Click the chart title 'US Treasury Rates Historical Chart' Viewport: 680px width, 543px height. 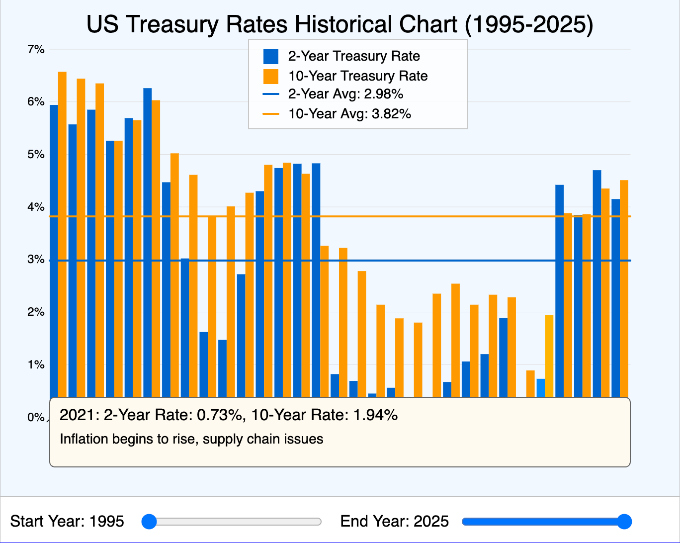tap(340, 25)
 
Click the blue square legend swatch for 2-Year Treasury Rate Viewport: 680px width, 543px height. tap(271, 57)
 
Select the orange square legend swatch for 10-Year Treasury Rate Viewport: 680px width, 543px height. tap(271, 76)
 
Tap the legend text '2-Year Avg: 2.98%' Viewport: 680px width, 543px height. tap(345, 94)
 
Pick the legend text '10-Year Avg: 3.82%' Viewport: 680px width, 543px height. tap(349, 114)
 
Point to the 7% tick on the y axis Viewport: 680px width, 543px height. tap(36, 49)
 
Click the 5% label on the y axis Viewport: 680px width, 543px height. tap(36, 155)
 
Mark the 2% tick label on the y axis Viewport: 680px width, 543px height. tap(36, 312)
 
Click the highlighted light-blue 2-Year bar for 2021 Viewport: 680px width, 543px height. tap(540, 388)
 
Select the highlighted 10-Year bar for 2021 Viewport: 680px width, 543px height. tap(549, 356)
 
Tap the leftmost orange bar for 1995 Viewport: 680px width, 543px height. tap(62, 234)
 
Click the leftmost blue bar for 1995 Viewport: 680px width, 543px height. tap(54, 249)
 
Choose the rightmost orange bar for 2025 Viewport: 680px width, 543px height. tap(624, 288)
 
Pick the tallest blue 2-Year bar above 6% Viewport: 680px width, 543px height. tap(147, 244)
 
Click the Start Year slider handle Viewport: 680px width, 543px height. tap(149, 522)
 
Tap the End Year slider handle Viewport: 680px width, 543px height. tap(624, 522)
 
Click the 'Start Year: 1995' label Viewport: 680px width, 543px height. tap(67, 522)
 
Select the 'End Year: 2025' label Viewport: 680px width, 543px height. tap(394, 522)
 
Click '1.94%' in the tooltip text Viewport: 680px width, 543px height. tap(375, 415)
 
